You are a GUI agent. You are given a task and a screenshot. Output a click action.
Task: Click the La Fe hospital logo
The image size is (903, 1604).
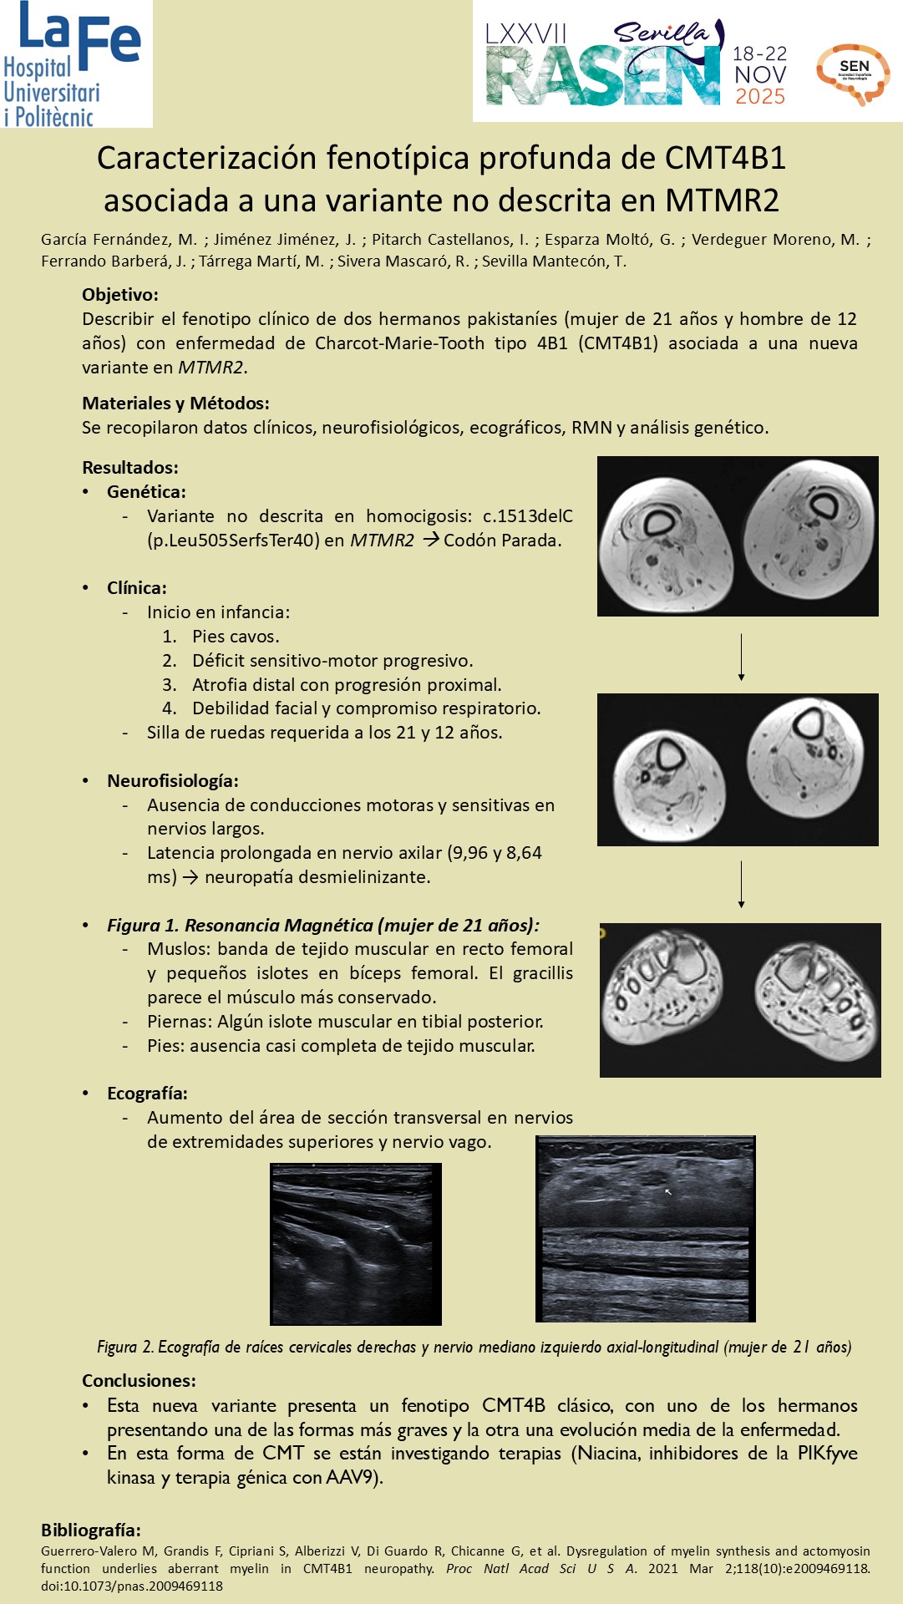coord(75,63)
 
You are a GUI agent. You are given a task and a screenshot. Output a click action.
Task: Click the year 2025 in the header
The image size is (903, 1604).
coord(759,97)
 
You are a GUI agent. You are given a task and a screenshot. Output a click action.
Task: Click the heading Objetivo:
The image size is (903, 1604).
coord(120,295)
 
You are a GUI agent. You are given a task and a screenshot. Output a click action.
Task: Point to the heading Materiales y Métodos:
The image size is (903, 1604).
coord(175,404)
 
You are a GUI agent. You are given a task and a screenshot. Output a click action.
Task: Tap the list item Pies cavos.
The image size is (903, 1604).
coord(236,637)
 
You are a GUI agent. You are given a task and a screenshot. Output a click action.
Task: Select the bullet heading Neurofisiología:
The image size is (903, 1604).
coord(172,781)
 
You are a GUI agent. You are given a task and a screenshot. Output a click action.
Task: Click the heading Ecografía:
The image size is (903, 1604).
coord(147,1094)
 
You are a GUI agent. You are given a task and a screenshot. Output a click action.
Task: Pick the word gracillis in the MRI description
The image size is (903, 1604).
coord(543,973)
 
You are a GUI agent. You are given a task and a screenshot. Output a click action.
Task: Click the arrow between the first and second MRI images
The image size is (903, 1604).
coord(741,657)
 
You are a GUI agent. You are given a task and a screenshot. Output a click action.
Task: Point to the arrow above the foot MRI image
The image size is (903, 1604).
coord(741,884)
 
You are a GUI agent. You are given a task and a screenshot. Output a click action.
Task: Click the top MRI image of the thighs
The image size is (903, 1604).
coord(738,536)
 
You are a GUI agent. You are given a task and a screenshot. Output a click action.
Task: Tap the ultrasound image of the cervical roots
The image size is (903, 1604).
coord(355,1244)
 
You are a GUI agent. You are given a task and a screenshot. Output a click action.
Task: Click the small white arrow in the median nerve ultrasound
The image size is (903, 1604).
coord(667,1192)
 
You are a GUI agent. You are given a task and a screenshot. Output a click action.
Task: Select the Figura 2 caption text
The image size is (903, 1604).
coord(474,1347)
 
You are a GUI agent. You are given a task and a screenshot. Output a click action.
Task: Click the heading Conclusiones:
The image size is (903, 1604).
coord(139,1381)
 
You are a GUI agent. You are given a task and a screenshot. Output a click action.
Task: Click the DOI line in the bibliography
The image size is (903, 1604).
coord(132,1586)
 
